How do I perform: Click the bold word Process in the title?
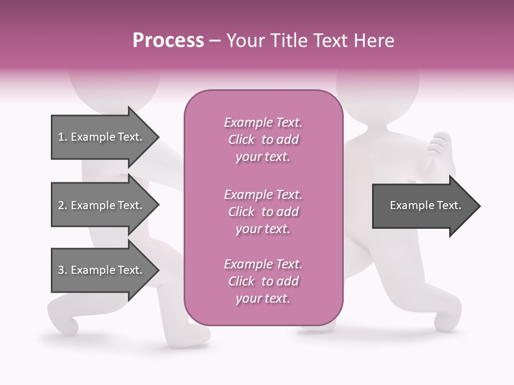click(168, 41)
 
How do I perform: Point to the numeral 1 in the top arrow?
click(61, 137)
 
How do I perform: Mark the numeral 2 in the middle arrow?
click(61, 205)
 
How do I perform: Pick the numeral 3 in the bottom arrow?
click(61, 270)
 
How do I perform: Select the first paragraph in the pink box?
click(263, 140)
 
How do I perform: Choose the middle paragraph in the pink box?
click(263, 211)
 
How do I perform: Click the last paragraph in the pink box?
click(263, 281)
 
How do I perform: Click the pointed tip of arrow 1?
click(158, 137)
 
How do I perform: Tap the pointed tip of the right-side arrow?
click(479, 206)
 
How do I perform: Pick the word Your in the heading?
click(244, 41)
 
